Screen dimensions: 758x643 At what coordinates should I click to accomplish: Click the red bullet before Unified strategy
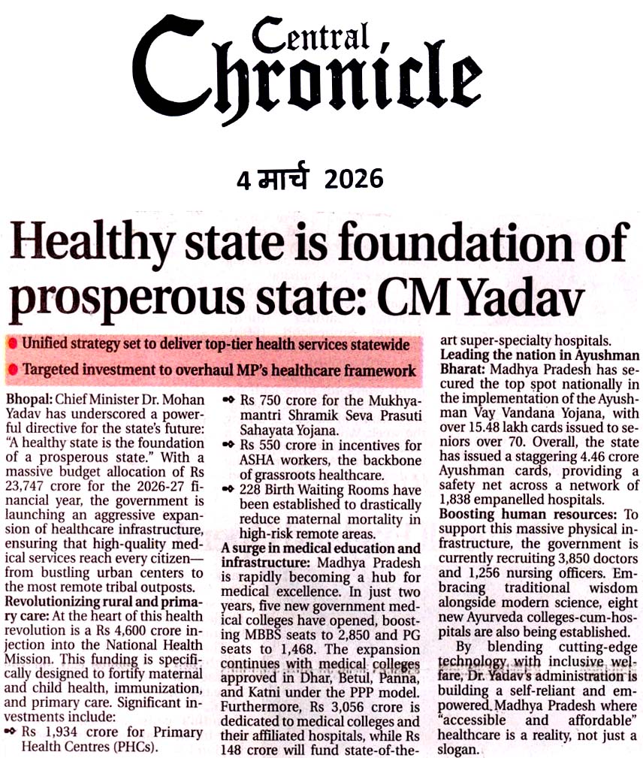[x=13, y=344]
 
